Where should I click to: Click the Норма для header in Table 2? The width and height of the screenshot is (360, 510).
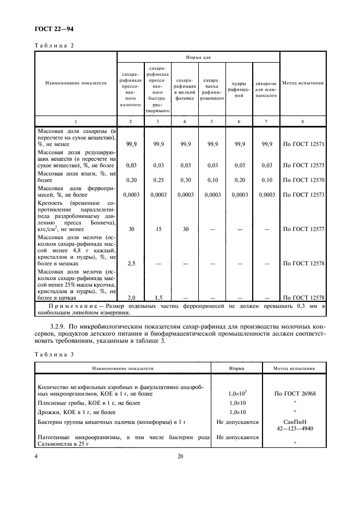click(198, 56)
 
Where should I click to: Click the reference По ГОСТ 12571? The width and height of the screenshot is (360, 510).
click(304, 144)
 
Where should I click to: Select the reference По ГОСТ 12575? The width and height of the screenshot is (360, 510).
click(304, 165)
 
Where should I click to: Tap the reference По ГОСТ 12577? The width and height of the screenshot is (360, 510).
click(304, 229)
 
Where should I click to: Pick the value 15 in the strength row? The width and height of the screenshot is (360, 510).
click(158, 229)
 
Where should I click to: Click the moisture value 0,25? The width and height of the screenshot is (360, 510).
click(158, 179)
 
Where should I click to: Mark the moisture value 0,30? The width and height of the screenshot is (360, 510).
click(185, 179)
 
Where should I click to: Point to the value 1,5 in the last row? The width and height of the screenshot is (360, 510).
click(158, 297)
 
